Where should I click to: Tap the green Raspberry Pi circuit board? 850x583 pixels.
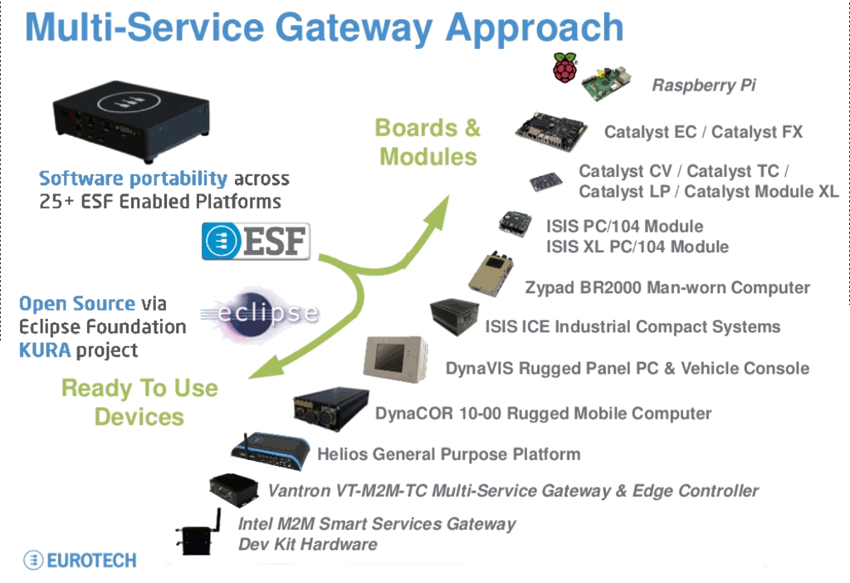click(607, 81)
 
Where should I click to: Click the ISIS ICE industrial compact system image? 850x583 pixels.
click(452, 317)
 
